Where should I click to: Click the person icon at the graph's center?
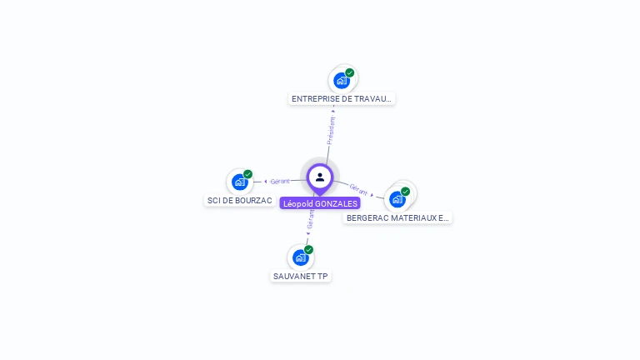pos(320,177)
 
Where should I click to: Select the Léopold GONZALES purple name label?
pos(320,203)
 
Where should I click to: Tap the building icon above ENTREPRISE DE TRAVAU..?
pos(341,81)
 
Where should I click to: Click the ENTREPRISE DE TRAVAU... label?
pos(342,98)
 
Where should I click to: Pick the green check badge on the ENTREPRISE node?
pos(350,72)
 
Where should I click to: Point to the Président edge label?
pos(332,130)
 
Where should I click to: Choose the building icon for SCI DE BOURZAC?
pos(239,182)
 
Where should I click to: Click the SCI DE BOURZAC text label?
pos(239,201)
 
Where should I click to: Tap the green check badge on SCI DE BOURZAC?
pos(247,174)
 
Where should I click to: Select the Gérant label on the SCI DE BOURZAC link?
pos(280,181)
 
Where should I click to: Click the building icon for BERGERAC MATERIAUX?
pos(397,199)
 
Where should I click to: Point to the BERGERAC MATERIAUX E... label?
pos(397,217)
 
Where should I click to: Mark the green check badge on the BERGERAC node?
pos(406,192)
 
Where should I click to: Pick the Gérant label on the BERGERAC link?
pos(359,189)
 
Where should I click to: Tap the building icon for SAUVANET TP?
pos(300,257)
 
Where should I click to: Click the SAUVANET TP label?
pos(301,276)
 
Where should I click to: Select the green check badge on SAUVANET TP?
pos(309,249)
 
